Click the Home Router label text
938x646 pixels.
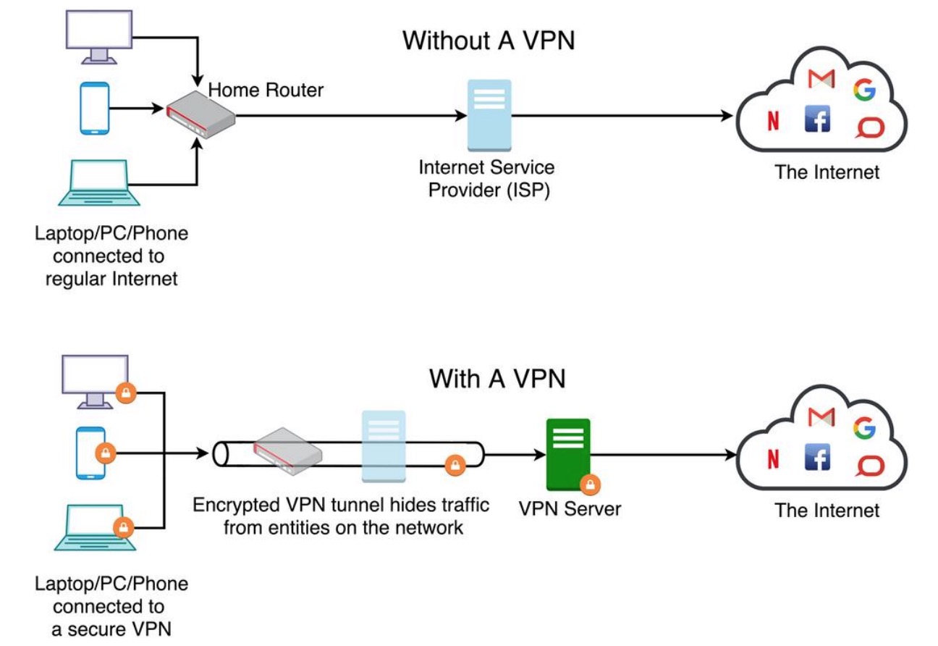coord(266,91)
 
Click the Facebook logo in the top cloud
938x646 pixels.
coord(817,119)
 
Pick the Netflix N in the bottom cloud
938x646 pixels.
coord(773,459)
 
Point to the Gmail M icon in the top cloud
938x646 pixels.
coord(820,78)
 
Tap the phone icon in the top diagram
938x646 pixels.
coord(94,109)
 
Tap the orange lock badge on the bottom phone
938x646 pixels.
coord(106,454)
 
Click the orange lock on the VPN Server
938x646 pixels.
coord(591,484)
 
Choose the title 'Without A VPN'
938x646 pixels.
coord(489,41)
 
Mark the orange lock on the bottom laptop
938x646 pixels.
coord(124,527)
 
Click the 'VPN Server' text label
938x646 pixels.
coord(570,508)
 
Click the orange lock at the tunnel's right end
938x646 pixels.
coord(455,466)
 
